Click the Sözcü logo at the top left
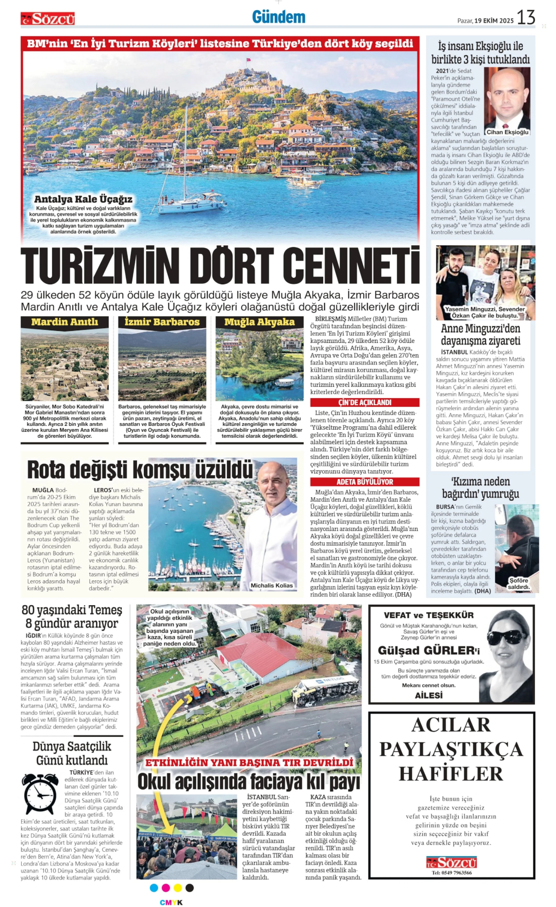pos(47,19)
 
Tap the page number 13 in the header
pos(526,18)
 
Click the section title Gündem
pos(278,18)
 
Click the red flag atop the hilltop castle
pos(248,60)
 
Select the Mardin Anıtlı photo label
pos(65,322)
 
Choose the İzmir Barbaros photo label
pos(162,322)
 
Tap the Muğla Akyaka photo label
pos(259,322)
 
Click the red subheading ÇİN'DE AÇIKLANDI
pos(365,402)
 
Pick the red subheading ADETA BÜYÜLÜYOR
pos(365,482)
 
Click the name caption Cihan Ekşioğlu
pos(508,132)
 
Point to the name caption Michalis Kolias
pos(272,585)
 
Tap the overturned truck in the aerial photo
pos(325,689)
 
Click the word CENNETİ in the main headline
pos(351,266)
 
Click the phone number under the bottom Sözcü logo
pos(451,872)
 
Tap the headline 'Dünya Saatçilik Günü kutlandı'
pos(72,753)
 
